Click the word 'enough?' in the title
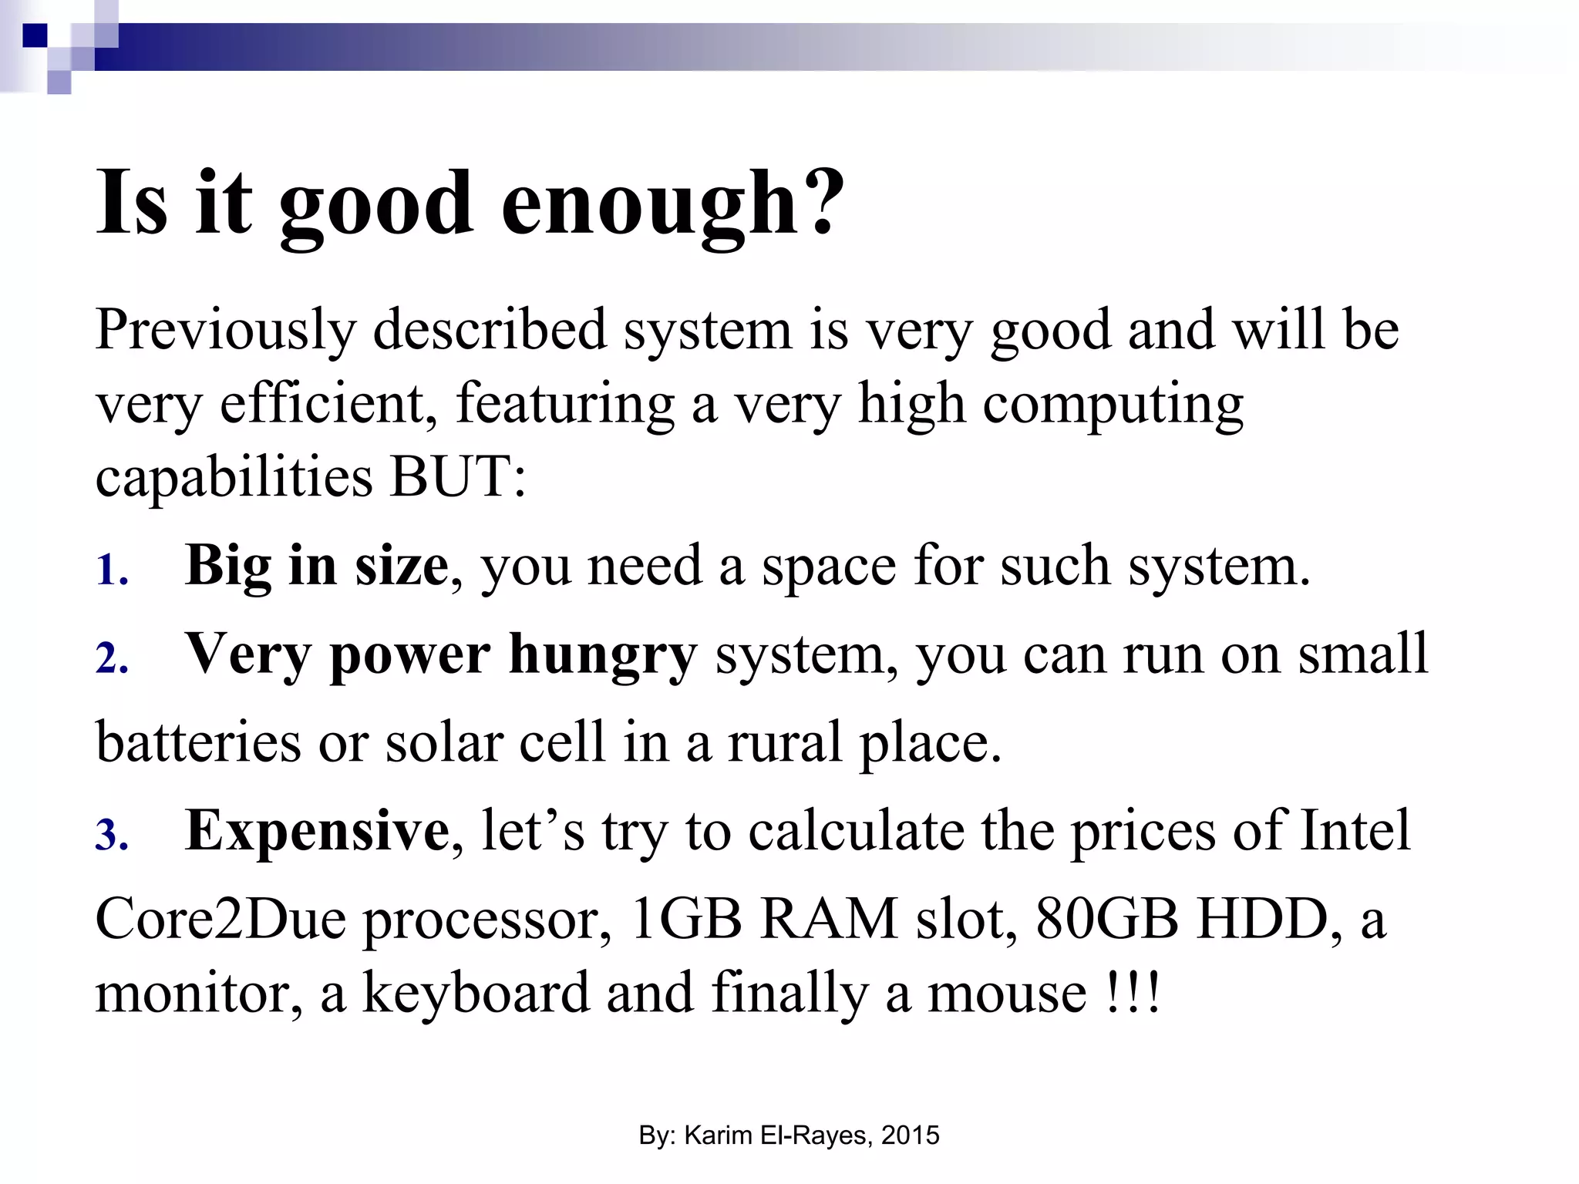[x=672, y=204]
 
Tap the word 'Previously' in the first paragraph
[x=225, y=331]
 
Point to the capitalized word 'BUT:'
[x=458, y=476]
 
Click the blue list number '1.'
[x=112, y=571]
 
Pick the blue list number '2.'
[x=112, y=660]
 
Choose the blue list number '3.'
[x=112, y=836]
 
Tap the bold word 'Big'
[x=227, y=566]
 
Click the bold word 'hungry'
[x=603, y=655]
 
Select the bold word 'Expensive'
[x=317, y=831]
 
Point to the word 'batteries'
[x=198, y=742]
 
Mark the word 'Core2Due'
[x=221, y=919]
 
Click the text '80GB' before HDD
[x=1106, y=919]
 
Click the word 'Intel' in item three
[x=1355, y=831]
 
